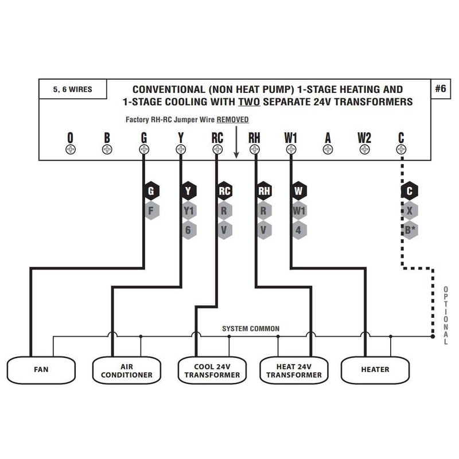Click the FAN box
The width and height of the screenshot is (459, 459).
click(x=41, y=369)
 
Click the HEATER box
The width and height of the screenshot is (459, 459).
click(x=375, y=369)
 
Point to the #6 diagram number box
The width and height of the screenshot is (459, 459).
click(x=441, y=89)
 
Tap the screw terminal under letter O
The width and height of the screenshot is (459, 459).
click(x=71, y=150)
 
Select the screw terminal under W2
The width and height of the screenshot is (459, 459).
click(x=364, y=150)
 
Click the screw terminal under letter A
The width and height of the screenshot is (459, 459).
click(x=328, y=150)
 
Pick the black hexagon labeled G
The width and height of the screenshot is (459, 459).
click(x=151, y=191)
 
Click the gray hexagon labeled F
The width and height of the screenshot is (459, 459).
click(x=151, y=210)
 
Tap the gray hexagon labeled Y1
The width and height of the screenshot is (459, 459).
click(x=188, y=210)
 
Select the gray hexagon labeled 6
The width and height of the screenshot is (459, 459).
click(x=188, y=229)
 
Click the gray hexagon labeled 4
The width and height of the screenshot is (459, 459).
click(x=298, y=229)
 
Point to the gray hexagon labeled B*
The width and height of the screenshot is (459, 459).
click(x=409, y=229)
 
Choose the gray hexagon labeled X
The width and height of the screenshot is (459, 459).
click(x=409, y=210)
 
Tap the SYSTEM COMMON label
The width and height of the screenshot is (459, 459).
click(x=251, y=329)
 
